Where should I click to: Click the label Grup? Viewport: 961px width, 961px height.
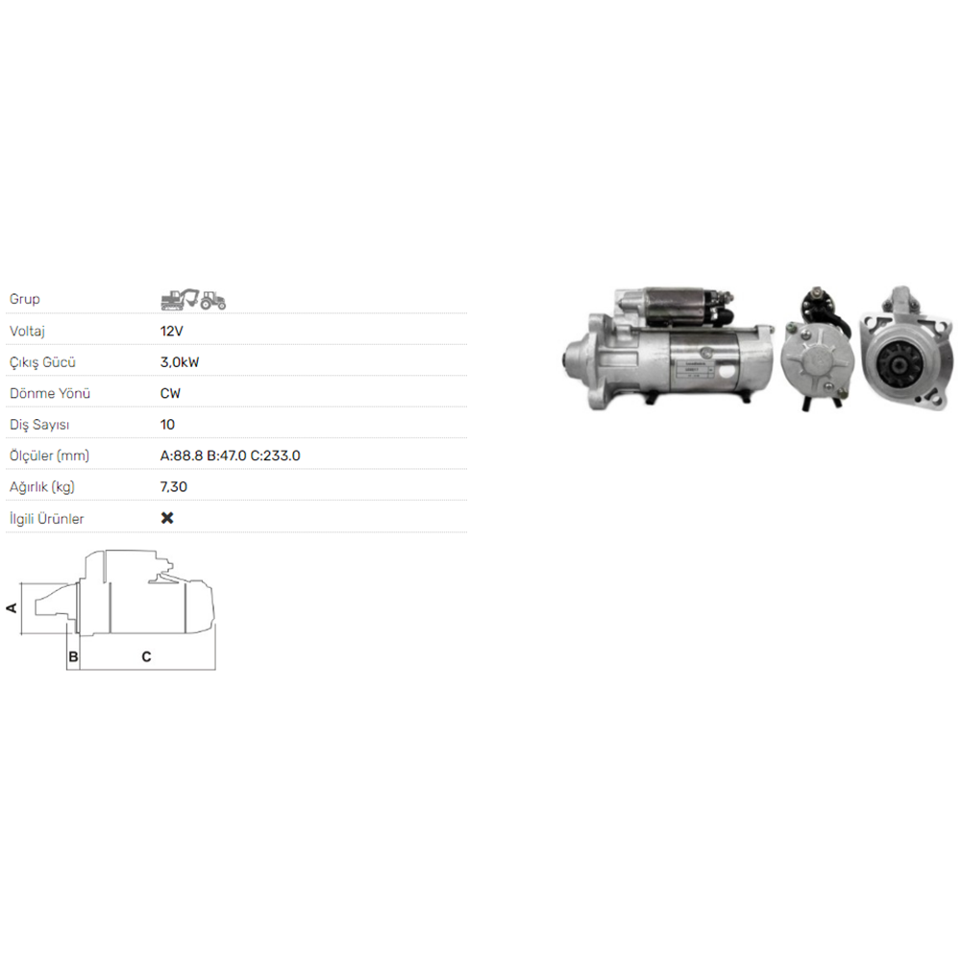25,299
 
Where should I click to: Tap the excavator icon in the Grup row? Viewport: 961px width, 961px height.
180,299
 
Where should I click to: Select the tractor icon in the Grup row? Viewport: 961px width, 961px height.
213,300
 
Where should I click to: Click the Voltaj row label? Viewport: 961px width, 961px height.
27,332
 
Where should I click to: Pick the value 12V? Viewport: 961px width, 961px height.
172,331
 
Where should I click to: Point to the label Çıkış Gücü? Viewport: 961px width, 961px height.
42,363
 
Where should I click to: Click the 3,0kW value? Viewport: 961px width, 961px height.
180,362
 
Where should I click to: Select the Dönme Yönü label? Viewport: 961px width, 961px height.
50,393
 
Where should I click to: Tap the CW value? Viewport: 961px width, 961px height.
170,393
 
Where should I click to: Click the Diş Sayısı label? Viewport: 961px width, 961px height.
39,425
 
